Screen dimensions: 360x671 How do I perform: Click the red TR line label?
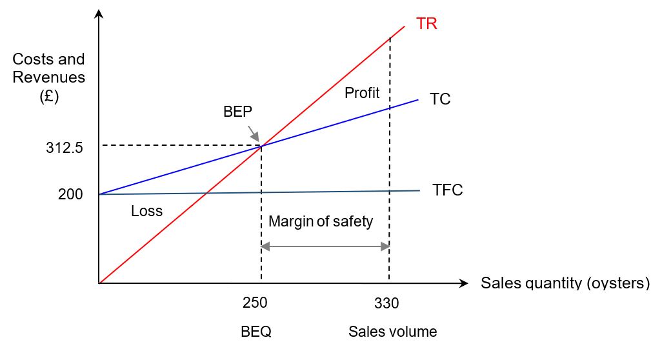click(427, 24)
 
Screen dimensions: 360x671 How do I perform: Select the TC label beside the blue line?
click(439, 99)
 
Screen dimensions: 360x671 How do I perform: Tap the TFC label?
click(448, 190)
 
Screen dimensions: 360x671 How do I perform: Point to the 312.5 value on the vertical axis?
click(66, 147)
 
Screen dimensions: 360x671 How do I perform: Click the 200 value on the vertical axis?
click(71, 194)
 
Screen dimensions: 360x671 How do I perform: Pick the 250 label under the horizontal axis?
click(255, 303)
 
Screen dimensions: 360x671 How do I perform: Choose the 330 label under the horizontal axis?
click(386, 303)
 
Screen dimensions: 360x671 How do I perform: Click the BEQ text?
click(255, 332)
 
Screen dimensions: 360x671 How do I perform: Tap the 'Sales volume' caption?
click(392, 332)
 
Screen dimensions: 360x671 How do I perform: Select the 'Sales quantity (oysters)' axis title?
click(565, 283)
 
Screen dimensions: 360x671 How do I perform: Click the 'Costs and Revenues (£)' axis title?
click(49, 77)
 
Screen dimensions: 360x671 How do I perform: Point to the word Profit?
click(362, 93)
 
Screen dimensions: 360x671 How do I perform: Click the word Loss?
click(146, 211)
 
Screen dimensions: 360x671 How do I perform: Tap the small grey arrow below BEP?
click(254, 134)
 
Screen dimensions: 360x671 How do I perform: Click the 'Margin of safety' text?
click(321, 222)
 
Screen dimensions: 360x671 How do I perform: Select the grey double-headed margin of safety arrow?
click(325, 246)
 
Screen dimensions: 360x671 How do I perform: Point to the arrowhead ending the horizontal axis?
click(463, 283)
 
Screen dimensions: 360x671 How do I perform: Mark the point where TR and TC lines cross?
click(261, 146)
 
